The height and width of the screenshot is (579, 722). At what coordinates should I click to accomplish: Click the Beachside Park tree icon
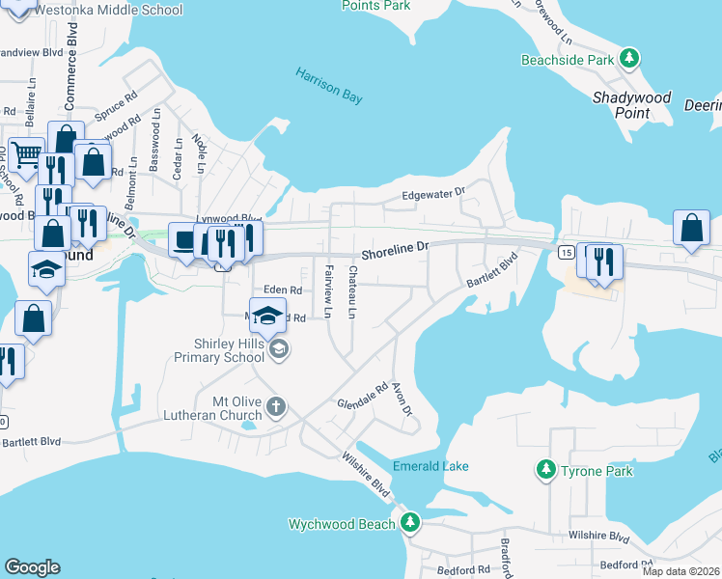629,59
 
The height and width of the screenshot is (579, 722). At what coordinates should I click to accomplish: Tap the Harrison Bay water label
331,83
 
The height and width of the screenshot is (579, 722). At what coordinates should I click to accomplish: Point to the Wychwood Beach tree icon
410,523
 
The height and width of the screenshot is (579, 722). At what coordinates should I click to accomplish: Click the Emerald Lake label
430,466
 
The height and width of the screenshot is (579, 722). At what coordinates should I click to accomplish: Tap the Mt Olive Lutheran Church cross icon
275,405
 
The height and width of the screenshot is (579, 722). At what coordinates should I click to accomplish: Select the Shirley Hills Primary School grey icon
278,348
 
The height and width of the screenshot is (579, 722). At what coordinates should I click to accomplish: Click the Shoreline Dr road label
394,251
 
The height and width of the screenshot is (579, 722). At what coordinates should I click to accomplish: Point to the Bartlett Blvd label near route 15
493,270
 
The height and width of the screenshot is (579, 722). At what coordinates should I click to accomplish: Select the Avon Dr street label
402,399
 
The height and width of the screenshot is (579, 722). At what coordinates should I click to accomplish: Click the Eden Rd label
283,289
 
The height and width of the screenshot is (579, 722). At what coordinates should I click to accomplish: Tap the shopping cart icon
26,153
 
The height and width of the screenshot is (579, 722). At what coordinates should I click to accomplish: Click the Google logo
32,567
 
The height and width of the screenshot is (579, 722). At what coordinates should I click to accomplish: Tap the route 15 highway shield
566,252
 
